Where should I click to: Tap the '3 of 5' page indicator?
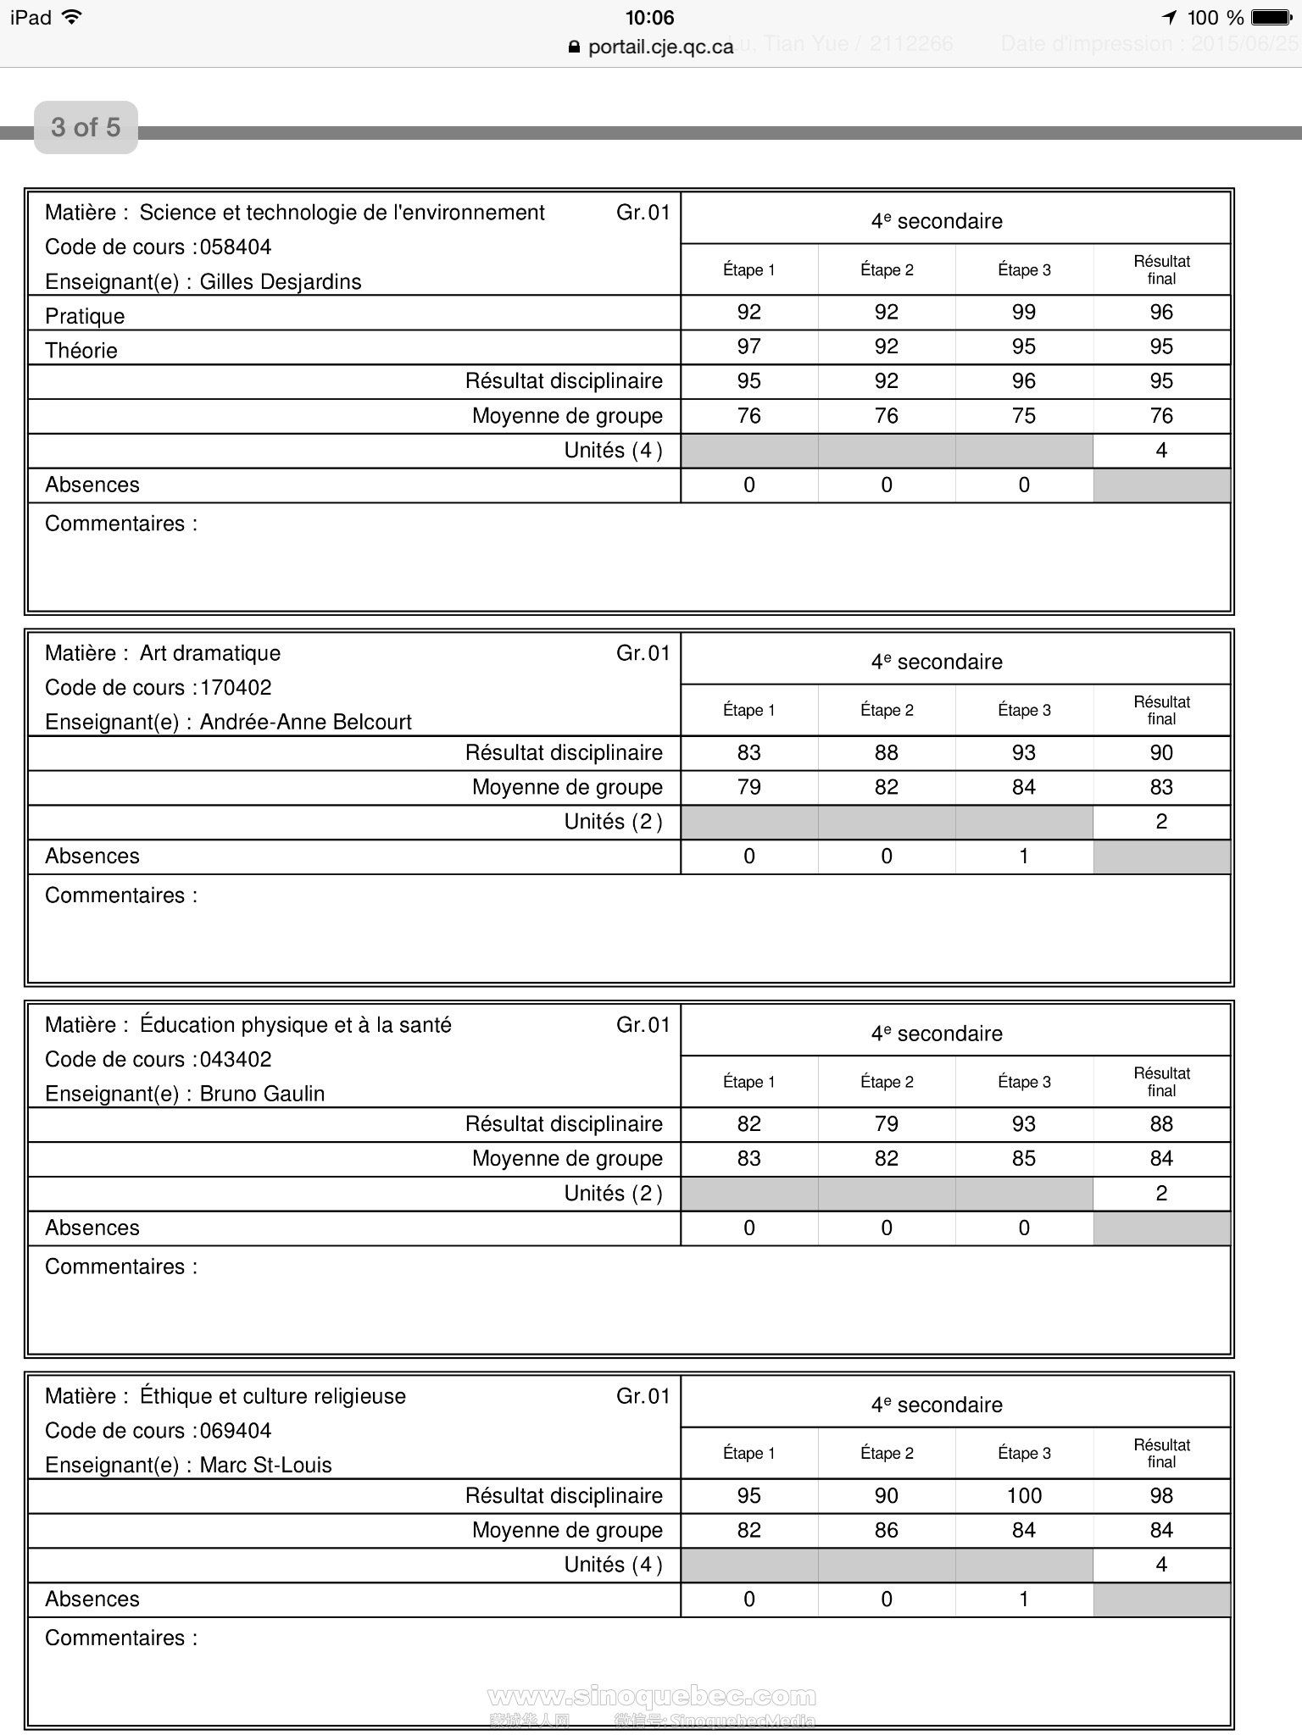coord(86,127)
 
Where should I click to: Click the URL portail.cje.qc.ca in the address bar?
coord(660,47)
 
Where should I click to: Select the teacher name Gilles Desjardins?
coord(281,282)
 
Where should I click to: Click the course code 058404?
coord(236,247)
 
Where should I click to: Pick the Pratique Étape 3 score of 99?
coord(1024,313)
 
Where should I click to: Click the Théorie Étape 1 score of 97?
coord(748,346)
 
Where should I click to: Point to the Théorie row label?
coord(81,351)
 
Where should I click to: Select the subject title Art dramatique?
coord(209,653)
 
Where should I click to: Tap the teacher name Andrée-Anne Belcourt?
coord(305,723)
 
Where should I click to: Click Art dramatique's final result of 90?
coord(1161,753)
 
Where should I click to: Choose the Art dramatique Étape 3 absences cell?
coord(1024,856)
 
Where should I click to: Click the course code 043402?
coord(236,1060)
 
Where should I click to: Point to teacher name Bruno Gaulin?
coord(262,1095)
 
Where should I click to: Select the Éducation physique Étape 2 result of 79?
coord(887,1124)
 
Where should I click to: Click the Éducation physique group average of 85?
coord(1024,1159)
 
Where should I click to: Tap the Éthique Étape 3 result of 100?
coord(1024,1496)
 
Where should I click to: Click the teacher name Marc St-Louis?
coord(265,1466)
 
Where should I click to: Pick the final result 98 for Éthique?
coord(1161,1496)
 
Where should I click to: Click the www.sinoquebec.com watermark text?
coord(652,1696)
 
